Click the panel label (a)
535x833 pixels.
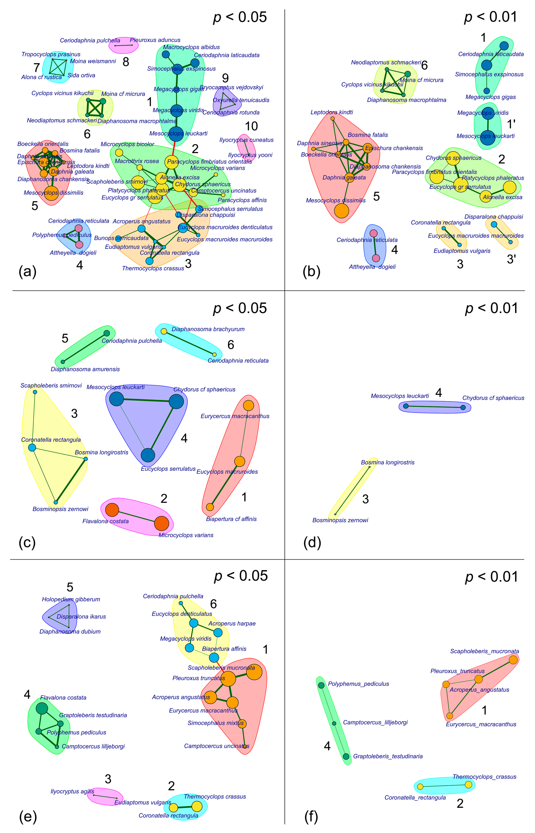pos(27,271)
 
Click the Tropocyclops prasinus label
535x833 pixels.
pos(51,54)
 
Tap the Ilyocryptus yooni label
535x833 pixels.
pos(250,155)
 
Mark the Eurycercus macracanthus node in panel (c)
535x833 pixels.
pos(248,405)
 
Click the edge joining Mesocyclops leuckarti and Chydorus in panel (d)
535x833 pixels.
pos(434,406)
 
